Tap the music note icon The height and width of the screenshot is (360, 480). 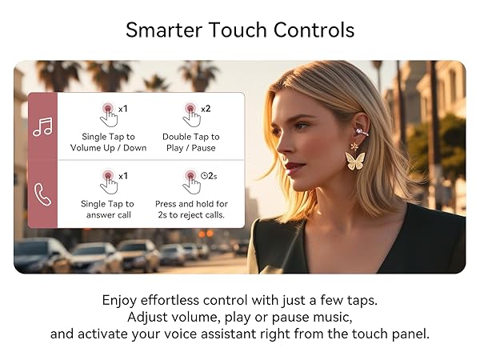pyautogui.click(x=42, y=126)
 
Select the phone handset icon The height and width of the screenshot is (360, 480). pyautogui.click(x=42, y=194)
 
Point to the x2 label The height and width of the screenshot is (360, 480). pyautogui.click(x=206, y=109)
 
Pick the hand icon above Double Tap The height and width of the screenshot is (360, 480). pyautogui.click(x=191, y=114)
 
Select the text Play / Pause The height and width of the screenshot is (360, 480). pyautogui.click(x=190, y=148)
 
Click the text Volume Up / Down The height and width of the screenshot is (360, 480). pyautogui.click(x=108, y=148)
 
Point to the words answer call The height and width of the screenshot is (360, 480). pyautogui.click(x=108, y=215)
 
